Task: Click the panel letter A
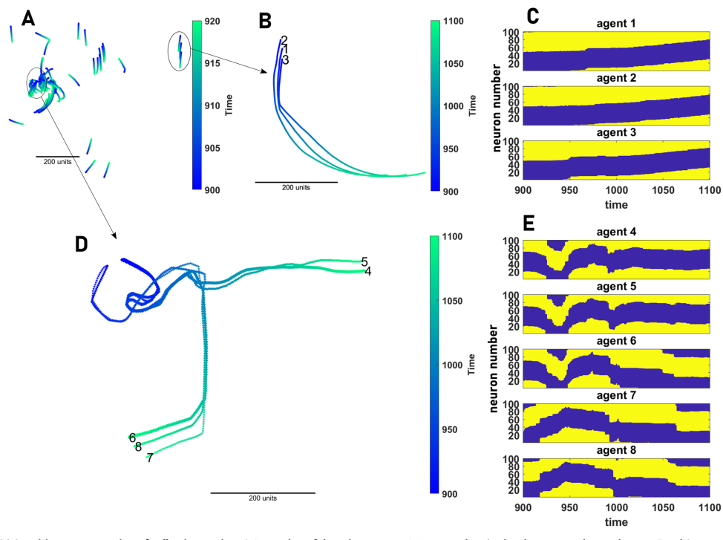(x=29, y=18)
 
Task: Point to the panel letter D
(x=84, y=244)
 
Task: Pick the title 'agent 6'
(x=616, y=340)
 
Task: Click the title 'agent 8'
(x=616, y=450)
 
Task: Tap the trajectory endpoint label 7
(x=150, y=458)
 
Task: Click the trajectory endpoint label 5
(x=364, y=261)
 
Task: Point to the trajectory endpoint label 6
(x=132, y=437)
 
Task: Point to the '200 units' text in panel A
(x=57, y=162)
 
